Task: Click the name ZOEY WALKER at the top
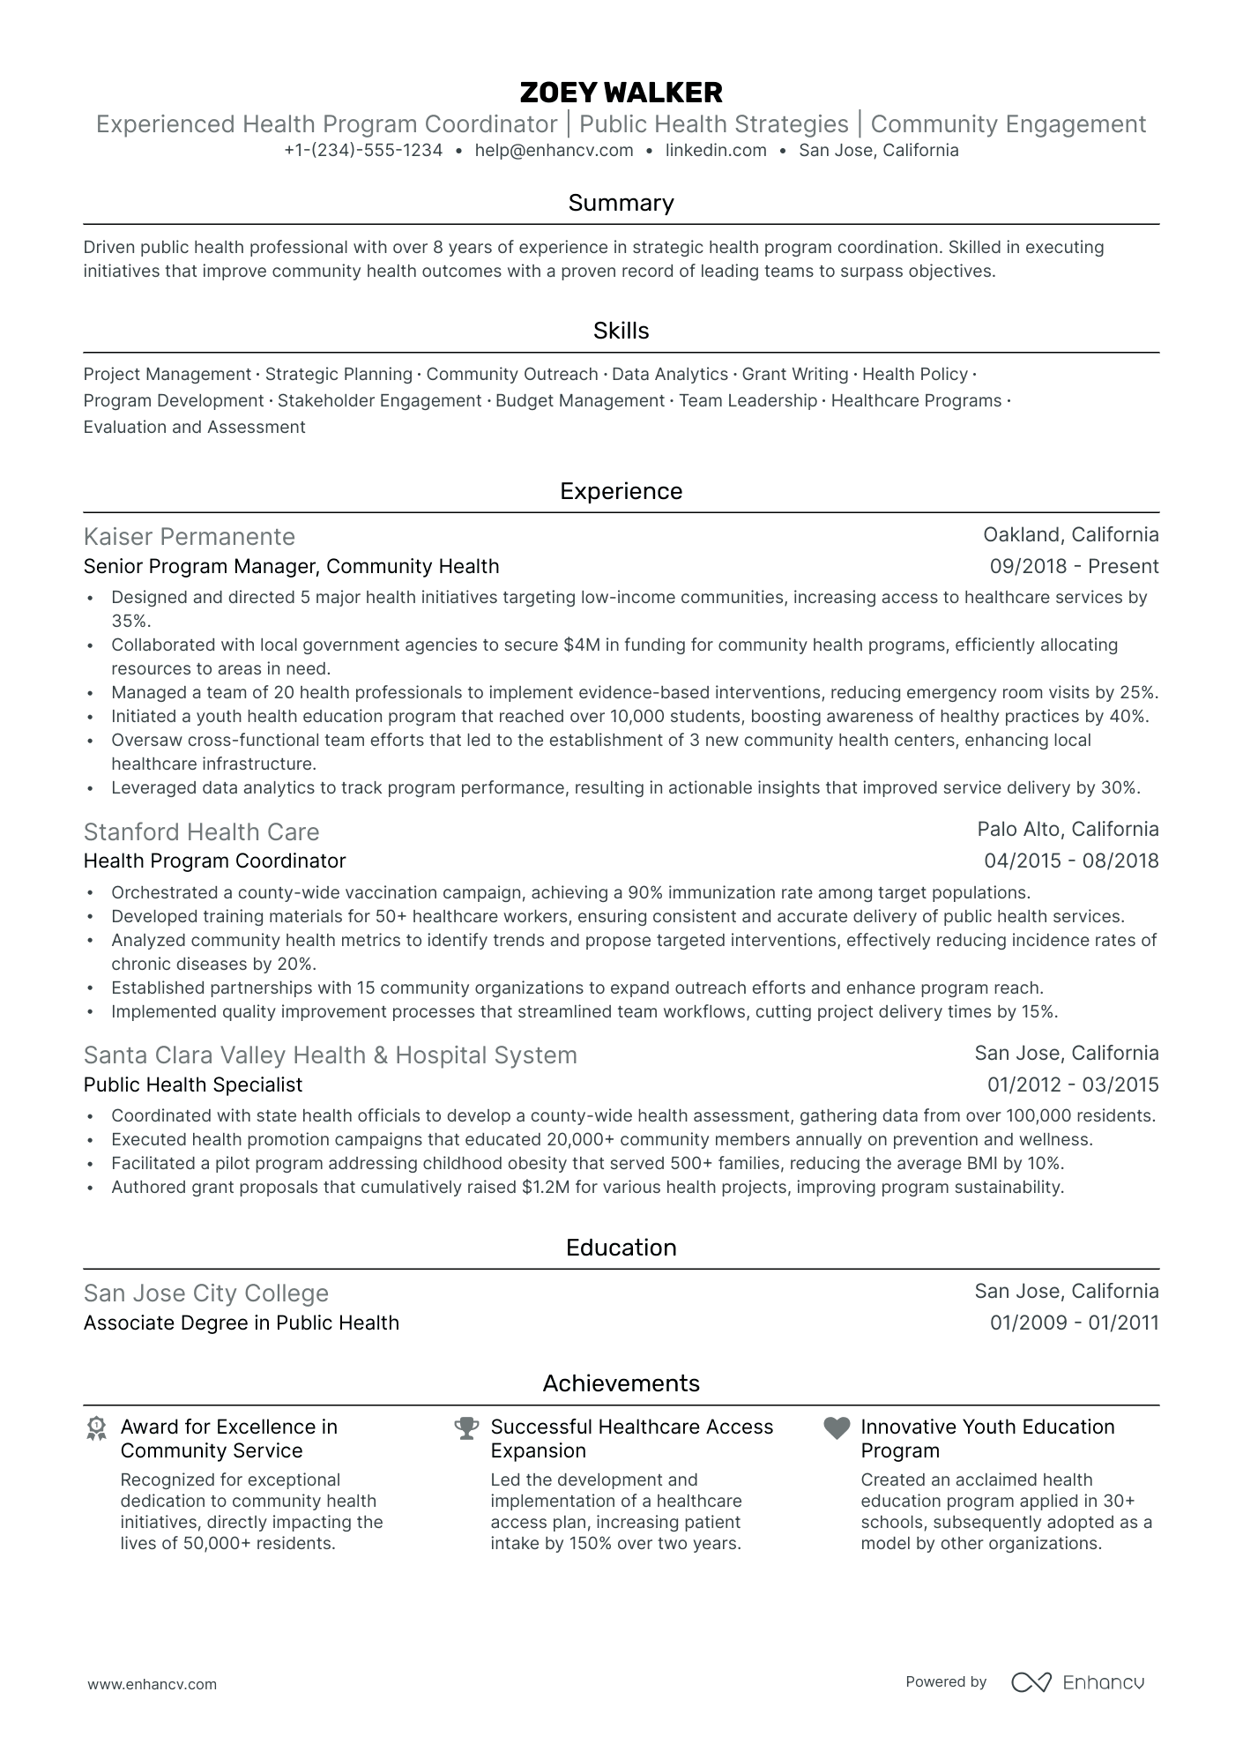(x=621, y=92)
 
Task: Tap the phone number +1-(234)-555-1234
(x=363, y=150)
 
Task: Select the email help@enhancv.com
(x=554, y=150)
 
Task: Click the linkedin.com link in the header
(x=716, y=150)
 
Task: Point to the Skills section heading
(x=621, y=331)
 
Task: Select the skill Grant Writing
(x=794, y=375)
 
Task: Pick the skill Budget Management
(x=579, y=401)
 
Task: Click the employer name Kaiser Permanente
(x=190, y=537)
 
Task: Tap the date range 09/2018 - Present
(x=1074, y=567)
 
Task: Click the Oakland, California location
(x=1070, y=535)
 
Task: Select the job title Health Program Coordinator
(x=214, y=861)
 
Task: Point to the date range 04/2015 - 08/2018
(x=1071, y=861)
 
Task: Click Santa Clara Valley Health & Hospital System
(x=331, y=1055)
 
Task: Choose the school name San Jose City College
(x=206, y=1293)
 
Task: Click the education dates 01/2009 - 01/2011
(x=1074, y=1323)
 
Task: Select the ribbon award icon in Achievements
(x=96, y=1428)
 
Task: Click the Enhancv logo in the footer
(x=1077, y=1683)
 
